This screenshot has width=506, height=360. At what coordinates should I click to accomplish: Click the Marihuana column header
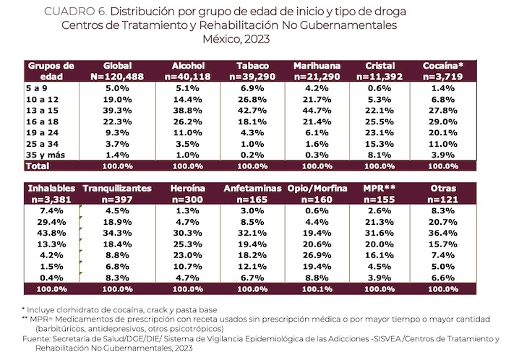tap(317, 70)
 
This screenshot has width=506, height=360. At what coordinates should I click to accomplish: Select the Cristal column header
tap(380, 70)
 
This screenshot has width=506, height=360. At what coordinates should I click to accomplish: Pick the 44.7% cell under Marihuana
tap(317, 109)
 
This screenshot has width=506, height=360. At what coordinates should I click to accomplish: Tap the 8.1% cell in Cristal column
tap(380, 155)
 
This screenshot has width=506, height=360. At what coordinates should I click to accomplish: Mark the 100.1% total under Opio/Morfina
tap(318, 289)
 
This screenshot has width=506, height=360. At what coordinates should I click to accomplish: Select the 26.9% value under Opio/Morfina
tap(318, 254)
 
